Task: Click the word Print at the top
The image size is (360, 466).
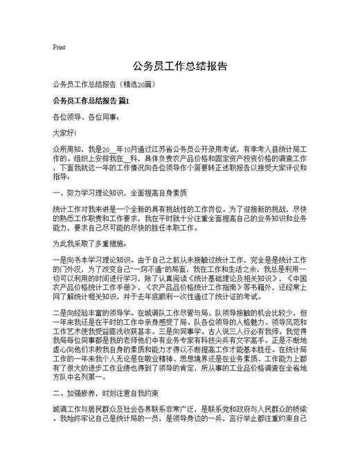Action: [x=59, y=47]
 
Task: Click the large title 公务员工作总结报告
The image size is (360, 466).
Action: [x=179, y=67]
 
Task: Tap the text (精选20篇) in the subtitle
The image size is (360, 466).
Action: [x=142, y=84]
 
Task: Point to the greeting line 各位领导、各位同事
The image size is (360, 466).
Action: [x=80, y=116]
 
